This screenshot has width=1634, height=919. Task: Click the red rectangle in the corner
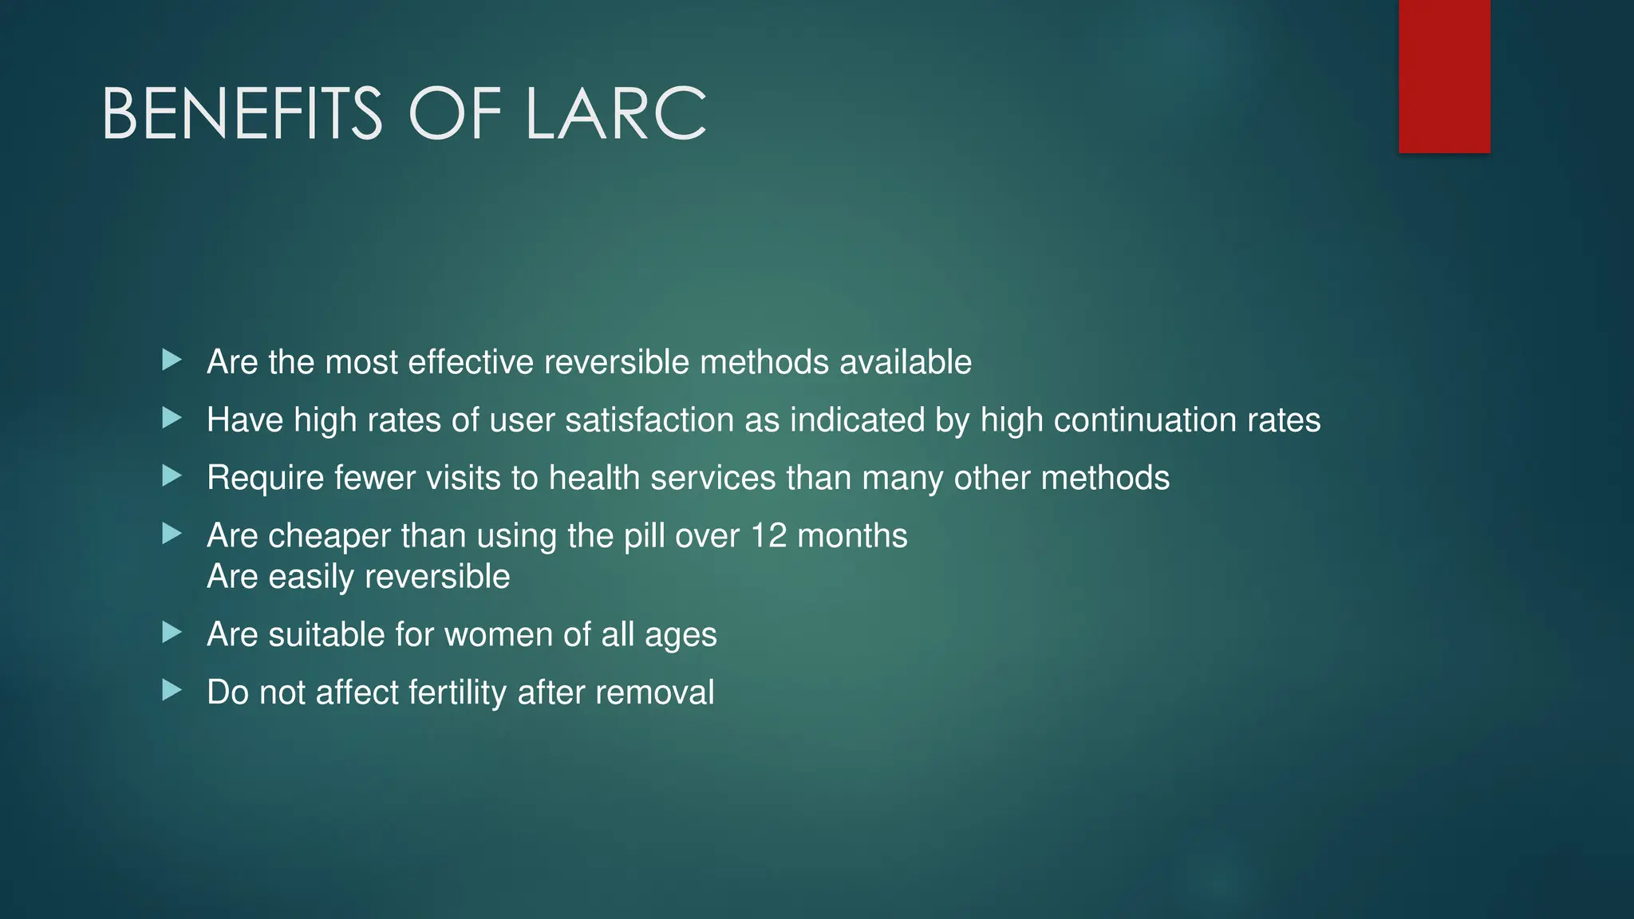1444,76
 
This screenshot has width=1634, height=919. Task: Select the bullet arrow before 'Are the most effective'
172,360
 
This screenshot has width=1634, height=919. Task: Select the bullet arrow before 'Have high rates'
172,417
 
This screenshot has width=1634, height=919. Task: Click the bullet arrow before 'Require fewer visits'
172,476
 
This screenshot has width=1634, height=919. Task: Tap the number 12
768,536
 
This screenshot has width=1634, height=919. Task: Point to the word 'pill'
644,536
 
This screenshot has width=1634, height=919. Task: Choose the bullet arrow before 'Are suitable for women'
172,633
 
